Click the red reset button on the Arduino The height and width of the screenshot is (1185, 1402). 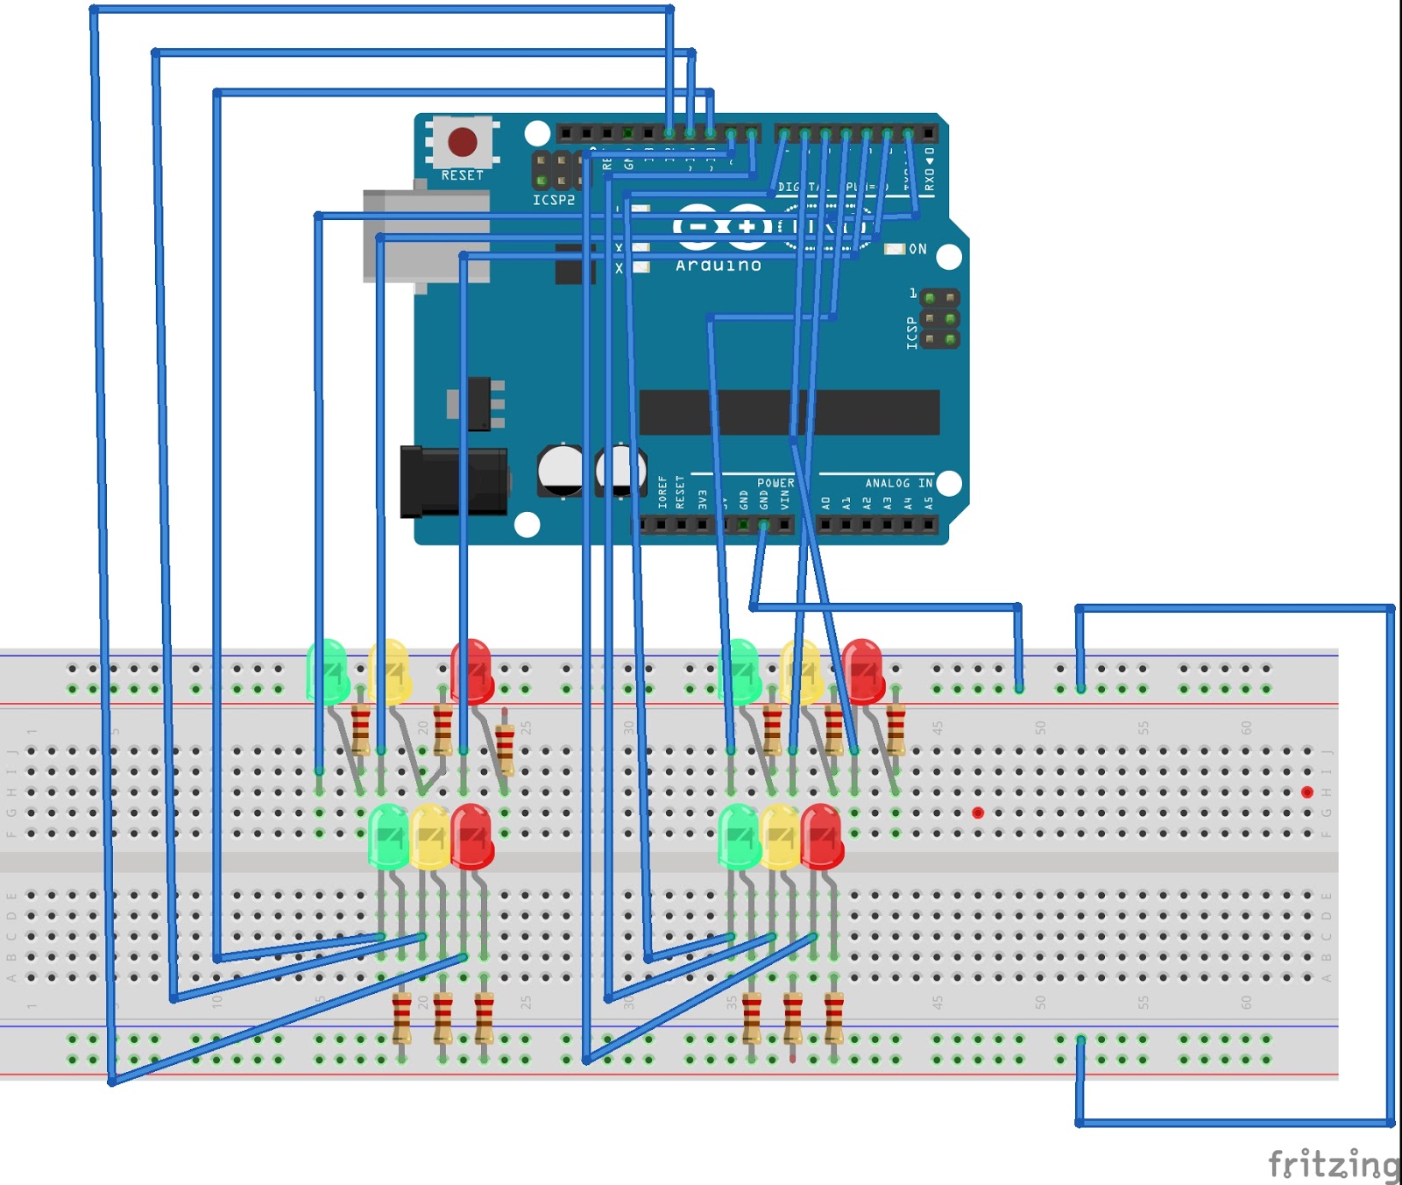[463, 141]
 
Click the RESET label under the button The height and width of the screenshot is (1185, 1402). [462, 175]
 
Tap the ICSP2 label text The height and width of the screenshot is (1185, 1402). [554, 201]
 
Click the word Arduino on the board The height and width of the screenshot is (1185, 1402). [719, 266]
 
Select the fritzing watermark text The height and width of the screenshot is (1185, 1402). [1334, 1164]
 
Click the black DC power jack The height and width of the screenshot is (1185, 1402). [453, 481]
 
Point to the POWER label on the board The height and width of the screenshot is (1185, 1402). [775, 483]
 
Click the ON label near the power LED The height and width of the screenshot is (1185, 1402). [917, 249]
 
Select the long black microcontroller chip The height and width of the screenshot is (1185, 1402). [789, 412]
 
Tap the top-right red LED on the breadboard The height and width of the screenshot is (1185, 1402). [863, 671]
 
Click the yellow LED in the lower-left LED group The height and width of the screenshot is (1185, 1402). [429, 837]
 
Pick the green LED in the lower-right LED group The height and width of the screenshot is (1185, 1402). [739, 837]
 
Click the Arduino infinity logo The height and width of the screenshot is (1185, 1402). [722, 227]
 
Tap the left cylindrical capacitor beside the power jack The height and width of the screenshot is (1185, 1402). [560, 471]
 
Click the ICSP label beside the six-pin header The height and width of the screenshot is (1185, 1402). [912, 333]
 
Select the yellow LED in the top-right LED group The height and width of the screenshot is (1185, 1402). [801, 671]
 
